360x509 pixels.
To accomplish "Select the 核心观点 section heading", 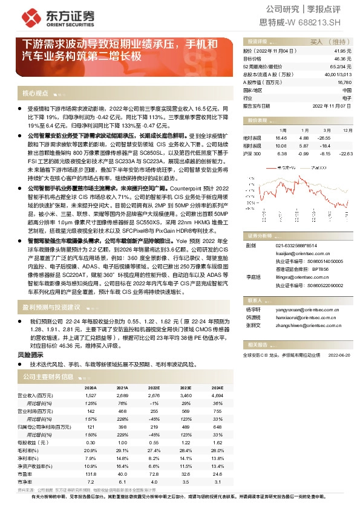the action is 34,93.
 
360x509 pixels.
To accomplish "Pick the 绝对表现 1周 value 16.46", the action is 281,138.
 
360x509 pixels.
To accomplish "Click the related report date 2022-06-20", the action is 339,355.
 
